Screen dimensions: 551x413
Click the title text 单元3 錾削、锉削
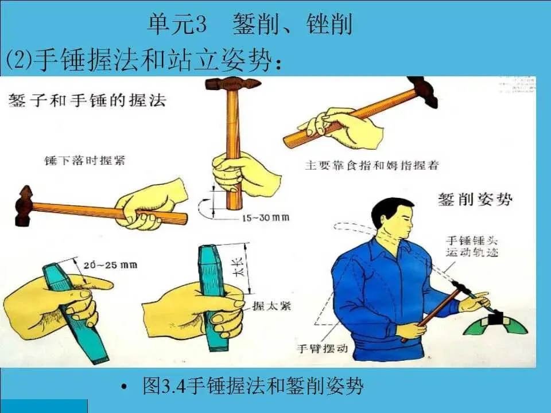[x=249, y=24]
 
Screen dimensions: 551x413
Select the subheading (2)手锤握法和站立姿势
[x=143, y=60]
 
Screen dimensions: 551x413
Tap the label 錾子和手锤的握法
[x=87, y=100]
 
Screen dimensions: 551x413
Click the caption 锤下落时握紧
[x=85, y=161]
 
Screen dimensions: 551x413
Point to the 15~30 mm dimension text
[x=266, y=218]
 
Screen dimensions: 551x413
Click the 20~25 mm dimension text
[x=110, y=265]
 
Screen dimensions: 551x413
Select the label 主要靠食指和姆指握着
[x=372, y=165]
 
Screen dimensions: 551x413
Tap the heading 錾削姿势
[x=475, y=199]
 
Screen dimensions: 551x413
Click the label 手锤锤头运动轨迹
[x=472, y=246]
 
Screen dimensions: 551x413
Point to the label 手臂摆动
[x=323, y=348]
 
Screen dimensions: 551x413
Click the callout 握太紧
[x=271, y=306]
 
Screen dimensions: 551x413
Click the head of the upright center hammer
[x=233, y=84]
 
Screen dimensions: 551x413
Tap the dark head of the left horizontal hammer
[x=24, y=206]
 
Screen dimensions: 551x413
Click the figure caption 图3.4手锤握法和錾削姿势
[x=253, y=385]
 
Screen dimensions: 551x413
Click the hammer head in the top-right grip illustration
[x=423, y=91]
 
